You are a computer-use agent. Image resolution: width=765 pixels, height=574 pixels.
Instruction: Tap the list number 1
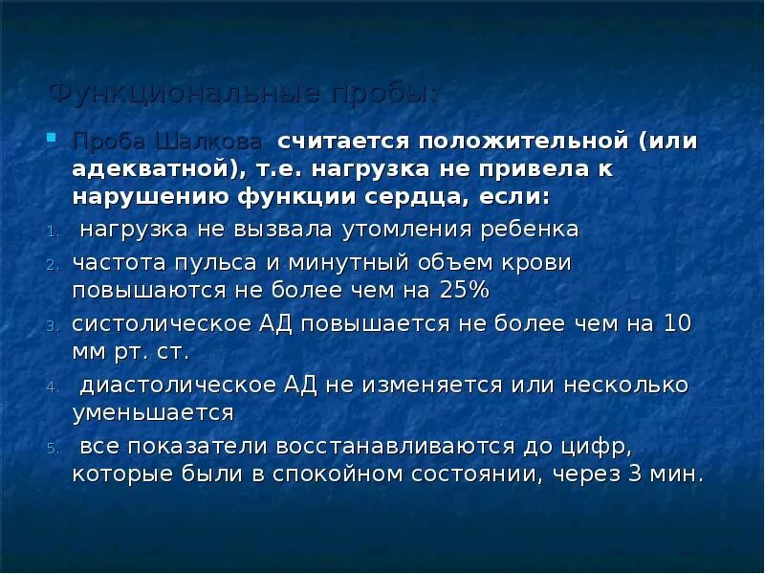(x=53, y=232)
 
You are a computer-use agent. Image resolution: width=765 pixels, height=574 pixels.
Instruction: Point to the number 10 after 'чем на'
(x=676, y=323)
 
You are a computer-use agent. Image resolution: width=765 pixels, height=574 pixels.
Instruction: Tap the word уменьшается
(x=153, y=412)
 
